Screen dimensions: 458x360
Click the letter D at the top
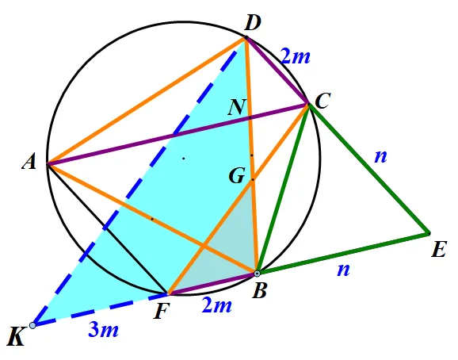click(252, 23)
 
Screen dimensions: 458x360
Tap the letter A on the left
click(29, 162)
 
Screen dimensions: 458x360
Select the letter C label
click(323, 101)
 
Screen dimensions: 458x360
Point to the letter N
click(237, 107)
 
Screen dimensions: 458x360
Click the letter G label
click(237, 176)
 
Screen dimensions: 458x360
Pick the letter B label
click(259, 291)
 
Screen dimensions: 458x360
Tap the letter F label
click(162, 311)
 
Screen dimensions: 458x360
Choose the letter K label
click(16, 337)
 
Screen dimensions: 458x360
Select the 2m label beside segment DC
click(295, 56)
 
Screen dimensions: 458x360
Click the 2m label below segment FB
click(217, 305)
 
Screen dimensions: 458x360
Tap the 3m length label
click(103, 331)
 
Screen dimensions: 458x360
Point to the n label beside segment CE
click(380, 156)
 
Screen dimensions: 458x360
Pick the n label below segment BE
click(343, 270)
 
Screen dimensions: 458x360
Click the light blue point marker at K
click(32, 325)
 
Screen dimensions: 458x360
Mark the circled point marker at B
click(257, 274)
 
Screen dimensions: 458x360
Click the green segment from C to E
click(368, 169)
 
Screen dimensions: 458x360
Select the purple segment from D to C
click(277, 70)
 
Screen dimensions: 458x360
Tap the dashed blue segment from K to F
click(100, 309)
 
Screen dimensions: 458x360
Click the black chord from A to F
click(107, 229)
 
